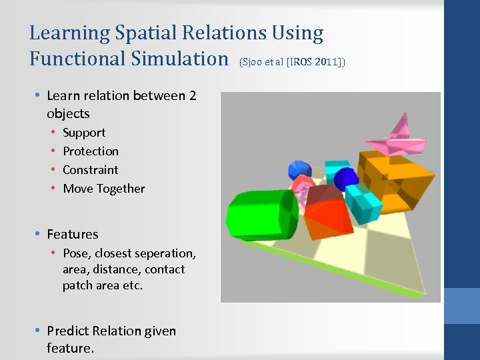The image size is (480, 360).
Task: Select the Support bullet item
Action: [84, 133]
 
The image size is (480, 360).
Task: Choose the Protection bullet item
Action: [91, 151]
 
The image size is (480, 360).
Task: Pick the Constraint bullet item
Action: [91, 170]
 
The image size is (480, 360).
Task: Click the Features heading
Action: [73, 234]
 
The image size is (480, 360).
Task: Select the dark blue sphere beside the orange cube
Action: [346, 179]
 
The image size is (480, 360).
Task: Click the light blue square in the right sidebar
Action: [462, 306]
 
